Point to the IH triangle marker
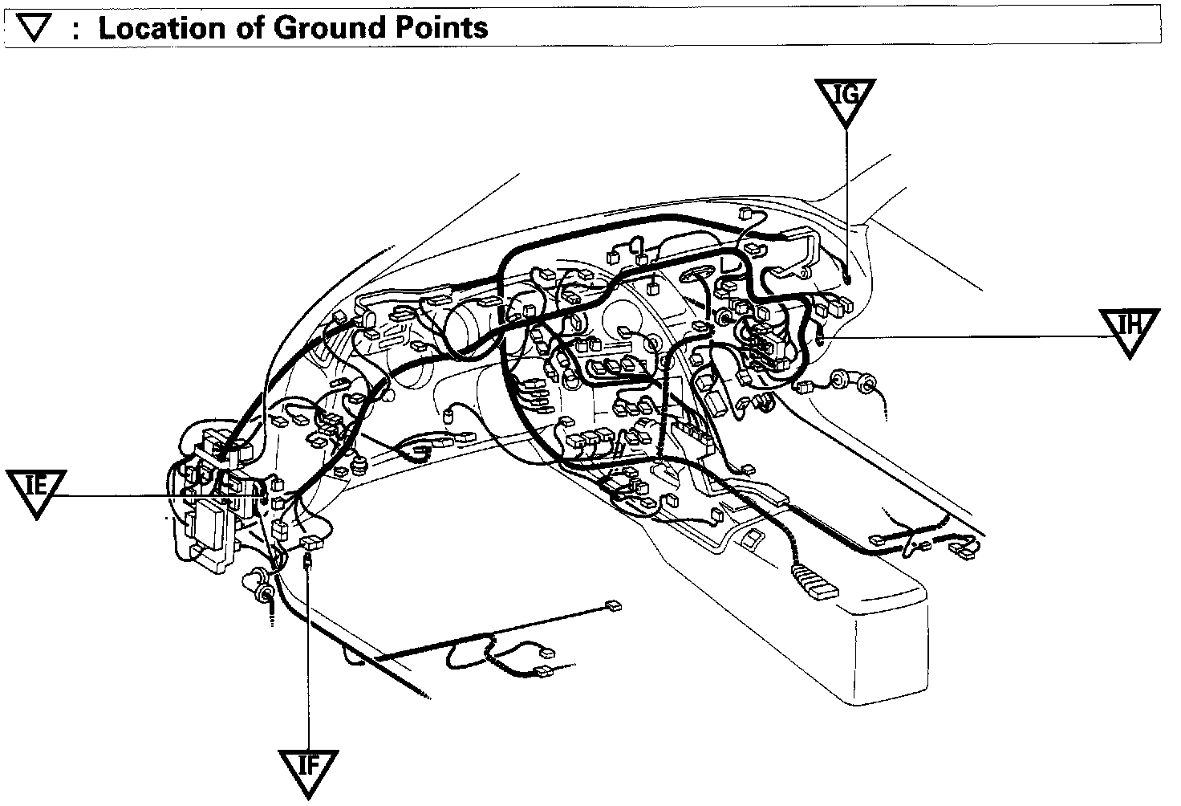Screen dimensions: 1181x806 point(1130,329)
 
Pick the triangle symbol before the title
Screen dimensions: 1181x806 point(34,29)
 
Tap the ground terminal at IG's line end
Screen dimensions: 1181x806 point(847,279)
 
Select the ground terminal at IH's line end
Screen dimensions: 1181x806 point(820,340)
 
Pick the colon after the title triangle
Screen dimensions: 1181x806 point(75,31)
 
